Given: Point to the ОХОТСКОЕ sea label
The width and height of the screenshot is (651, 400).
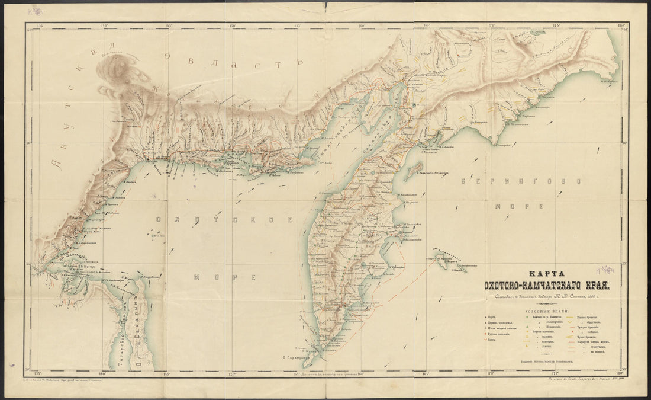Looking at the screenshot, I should point(225,220).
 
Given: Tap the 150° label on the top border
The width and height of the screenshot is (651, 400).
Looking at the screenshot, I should point(233,25).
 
